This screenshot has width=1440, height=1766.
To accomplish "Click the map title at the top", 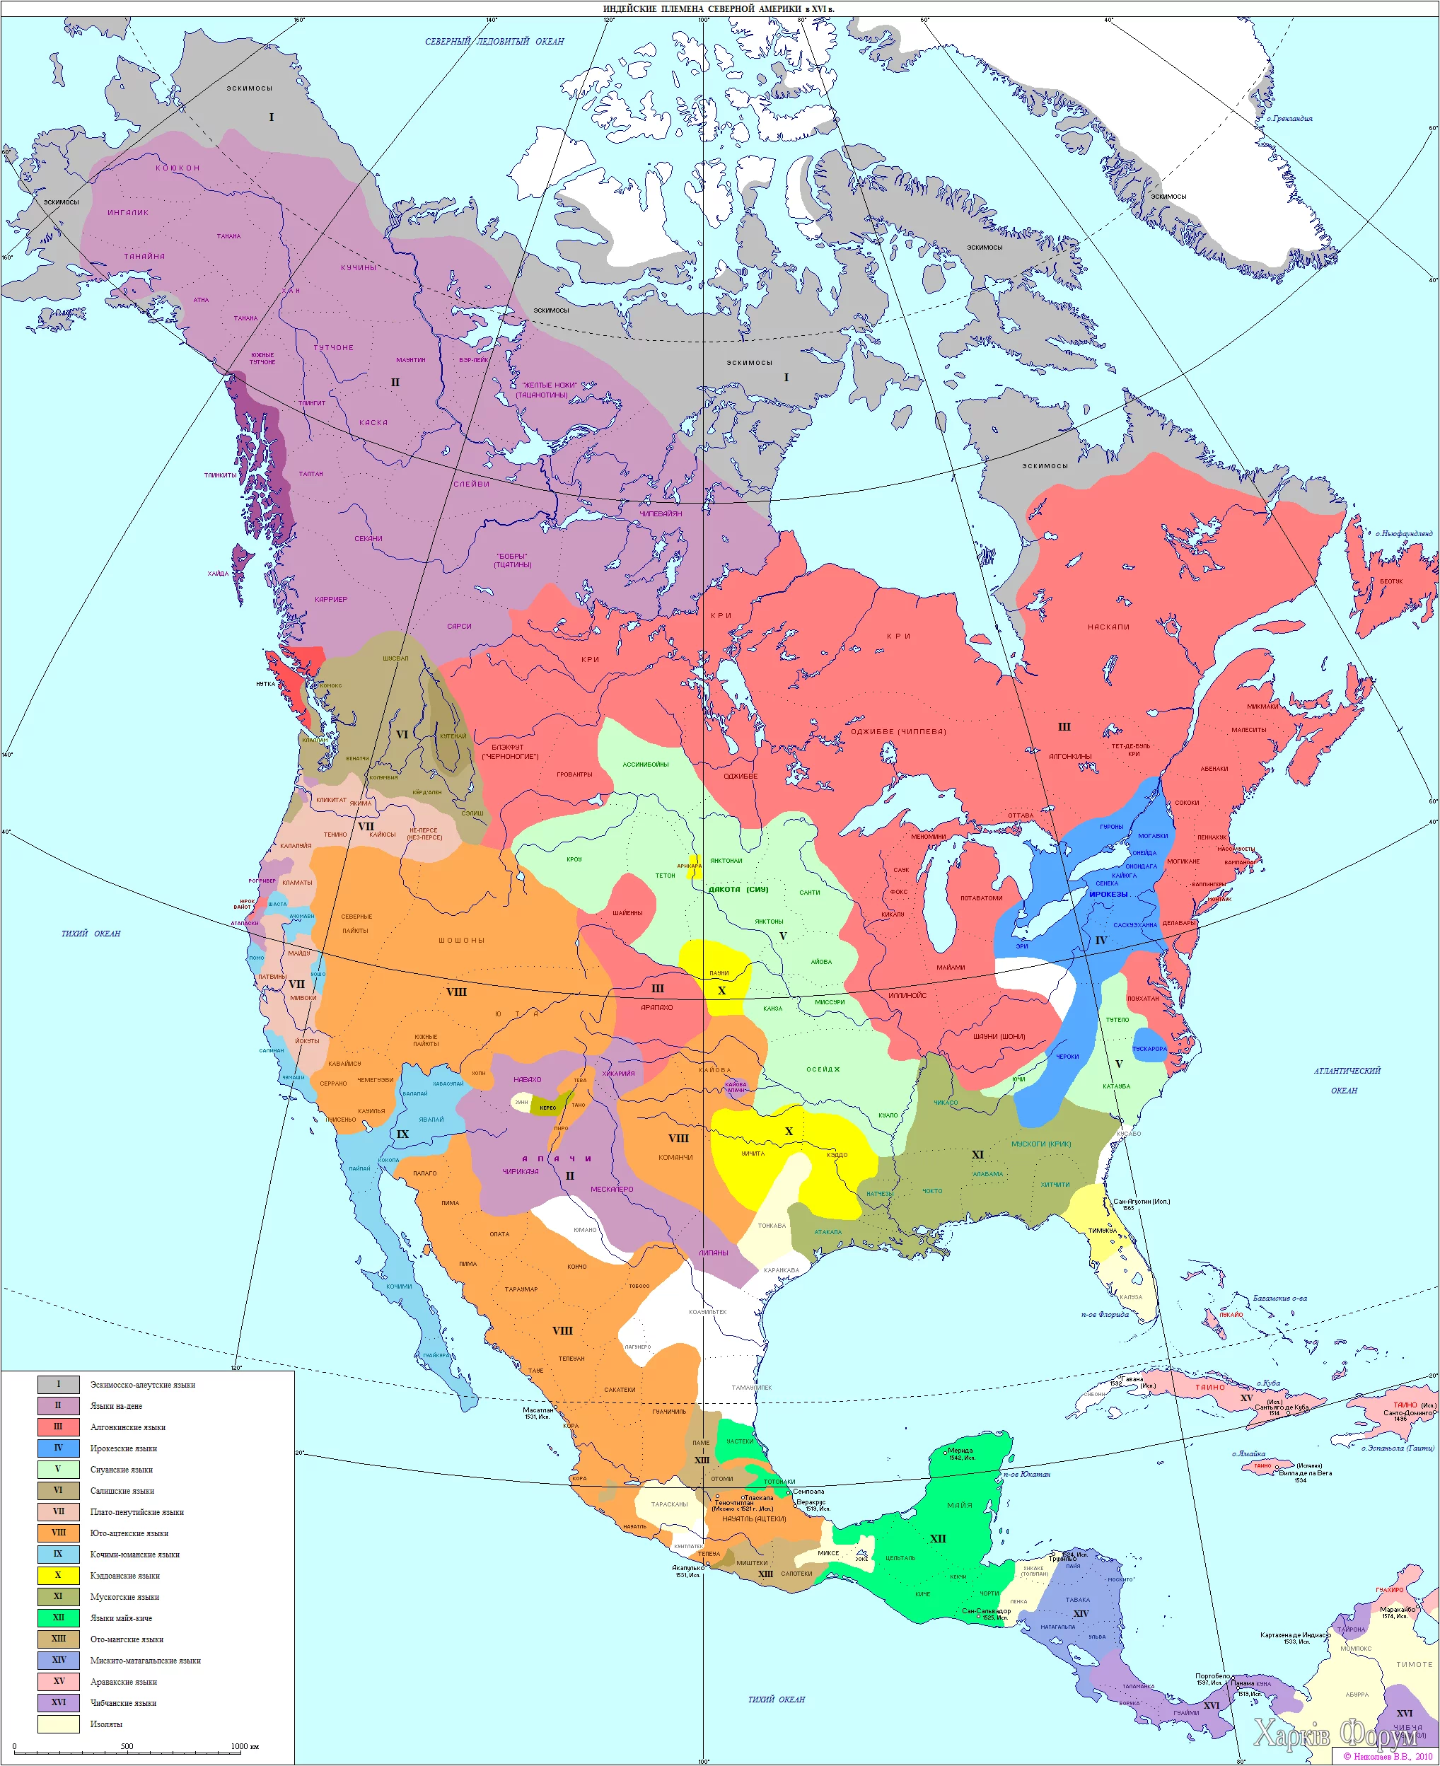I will point(719,8).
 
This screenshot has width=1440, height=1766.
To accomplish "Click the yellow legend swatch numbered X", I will point(58,1575).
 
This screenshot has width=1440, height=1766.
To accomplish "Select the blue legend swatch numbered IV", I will point(58,1448).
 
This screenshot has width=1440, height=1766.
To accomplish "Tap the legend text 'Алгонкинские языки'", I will point(128,1427).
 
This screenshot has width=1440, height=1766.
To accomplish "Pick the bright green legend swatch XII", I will point(58,1617).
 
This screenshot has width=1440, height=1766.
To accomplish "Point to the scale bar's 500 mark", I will point(127,1746).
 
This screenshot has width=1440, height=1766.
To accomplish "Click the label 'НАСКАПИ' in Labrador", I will point(1108,627).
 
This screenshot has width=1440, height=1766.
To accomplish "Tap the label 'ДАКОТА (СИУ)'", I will point(738,889).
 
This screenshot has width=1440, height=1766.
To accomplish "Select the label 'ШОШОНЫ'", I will point(461,941).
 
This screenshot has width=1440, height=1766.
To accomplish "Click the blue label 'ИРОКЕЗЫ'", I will point(1108,894).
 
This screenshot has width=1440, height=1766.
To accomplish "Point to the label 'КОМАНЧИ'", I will point(675,1157).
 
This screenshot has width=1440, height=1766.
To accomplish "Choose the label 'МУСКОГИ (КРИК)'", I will point(1041,1144).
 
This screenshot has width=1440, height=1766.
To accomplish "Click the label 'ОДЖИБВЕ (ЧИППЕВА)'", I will point(898,731).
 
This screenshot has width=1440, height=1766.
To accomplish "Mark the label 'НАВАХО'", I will point(527,1080).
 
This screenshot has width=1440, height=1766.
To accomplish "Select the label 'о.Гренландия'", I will point(1289,119).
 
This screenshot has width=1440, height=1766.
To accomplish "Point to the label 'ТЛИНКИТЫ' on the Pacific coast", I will point(220,475).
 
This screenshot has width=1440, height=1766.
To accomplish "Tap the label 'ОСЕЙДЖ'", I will point(823,1069).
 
